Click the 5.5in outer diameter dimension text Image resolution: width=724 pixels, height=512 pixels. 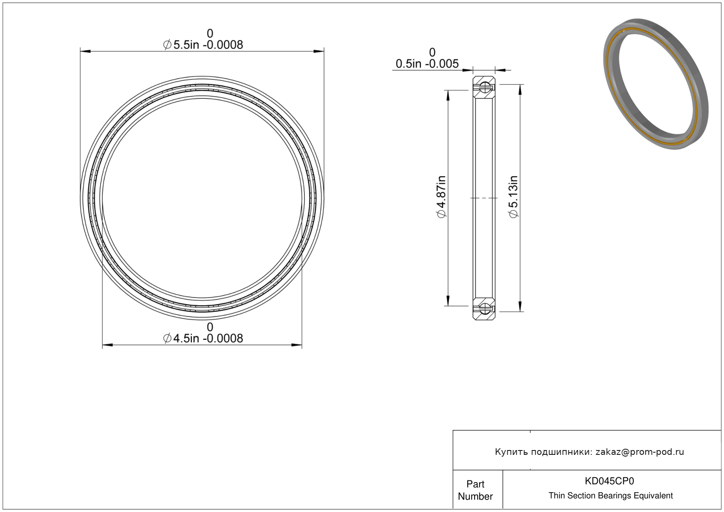click(203, 44)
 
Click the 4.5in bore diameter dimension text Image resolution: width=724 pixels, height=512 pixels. click(203, 338)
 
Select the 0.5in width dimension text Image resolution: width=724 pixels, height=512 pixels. click(427, 64)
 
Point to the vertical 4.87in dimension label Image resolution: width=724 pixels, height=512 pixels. click(442, 197)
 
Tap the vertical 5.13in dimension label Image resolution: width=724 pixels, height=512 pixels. click(514, 197)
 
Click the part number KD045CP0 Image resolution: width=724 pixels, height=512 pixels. click(609, 481)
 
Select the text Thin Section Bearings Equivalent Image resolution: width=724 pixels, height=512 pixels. click(611, 496)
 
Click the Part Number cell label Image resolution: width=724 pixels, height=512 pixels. click(475, 490)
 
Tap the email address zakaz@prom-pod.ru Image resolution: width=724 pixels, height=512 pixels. click(640, 452)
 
